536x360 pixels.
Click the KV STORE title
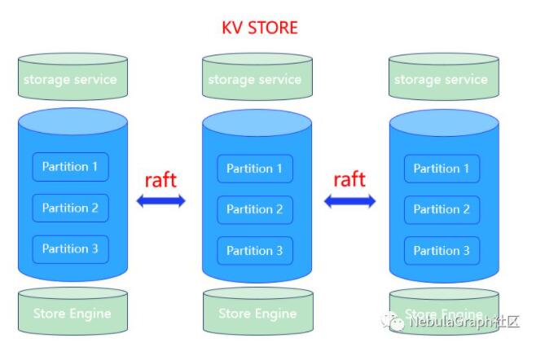click(260, 28)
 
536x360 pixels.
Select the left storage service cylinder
click(72, 77)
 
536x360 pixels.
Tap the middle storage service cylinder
click(257, 77)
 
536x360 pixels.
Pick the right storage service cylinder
click(444, 77)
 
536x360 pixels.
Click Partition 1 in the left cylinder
click(70, 167)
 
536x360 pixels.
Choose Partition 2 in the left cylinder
click(70, 208)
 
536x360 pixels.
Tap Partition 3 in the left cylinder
click(70, 249)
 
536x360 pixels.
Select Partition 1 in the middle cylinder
click(255, 169)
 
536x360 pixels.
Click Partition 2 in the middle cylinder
click(255, 209)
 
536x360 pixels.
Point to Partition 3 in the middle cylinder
click(255, 251)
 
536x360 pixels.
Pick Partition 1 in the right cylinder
click(442, 169)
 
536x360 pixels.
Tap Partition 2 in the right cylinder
click(442, 209)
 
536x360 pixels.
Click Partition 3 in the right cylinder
click(442, 251)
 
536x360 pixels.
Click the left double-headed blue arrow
click(161, 200)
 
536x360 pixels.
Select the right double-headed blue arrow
click(349, 201)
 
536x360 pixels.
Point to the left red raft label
click(160, 180)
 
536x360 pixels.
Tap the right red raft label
click(349, 179)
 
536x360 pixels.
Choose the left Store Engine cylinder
click(72, 311)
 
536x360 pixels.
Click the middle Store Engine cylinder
click(258, 311)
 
